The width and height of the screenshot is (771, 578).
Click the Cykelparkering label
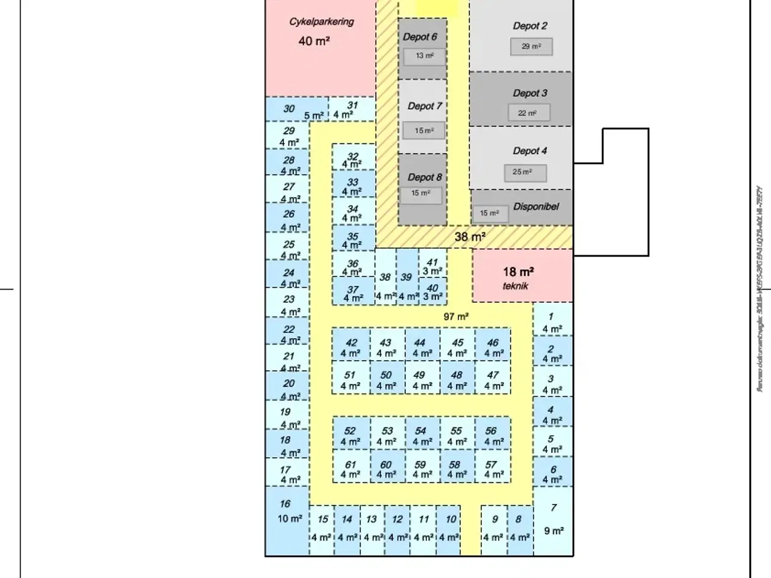[x=321, y=22]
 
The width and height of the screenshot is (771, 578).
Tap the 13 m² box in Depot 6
[x=424, y=56]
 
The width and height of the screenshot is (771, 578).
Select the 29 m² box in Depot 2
[x=531, y=46]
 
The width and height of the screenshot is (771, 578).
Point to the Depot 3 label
[x=530, y=93]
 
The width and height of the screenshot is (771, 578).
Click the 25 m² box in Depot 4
[x=525, y=172]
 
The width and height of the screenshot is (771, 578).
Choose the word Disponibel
[x=536, y=207]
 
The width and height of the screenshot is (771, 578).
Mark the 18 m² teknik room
[x=522, y=276]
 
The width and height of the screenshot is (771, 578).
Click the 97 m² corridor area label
[x=456, y=317]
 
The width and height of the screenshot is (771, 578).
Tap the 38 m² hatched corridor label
[x=470, y=237]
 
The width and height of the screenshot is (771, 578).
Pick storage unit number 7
[x=553, y=519]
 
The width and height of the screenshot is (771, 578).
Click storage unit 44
[x=422, y=348]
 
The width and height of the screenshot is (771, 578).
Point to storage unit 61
[x=351, y=470]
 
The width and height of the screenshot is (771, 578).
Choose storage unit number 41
[x=432, y=267]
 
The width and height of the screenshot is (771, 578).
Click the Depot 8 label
[x=425, y=177]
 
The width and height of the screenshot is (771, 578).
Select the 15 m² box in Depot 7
[x=423, y=131]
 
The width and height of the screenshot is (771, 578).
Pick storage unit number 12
[x=397, y=527]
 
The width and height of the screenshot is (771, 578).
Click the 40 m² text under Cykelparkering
[x=314, y=41]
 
